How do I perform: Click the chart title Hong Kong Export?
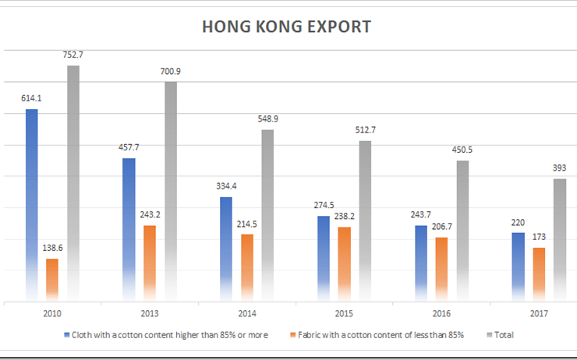point(286,27)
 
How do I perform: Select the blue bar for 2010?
point(32,203)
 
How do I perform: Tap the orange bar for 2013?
point(150,262)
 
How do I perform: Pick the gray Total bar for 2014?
point(267,214)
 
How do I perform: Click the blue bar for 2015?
point(324,257)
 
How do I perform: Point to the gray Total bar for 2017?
point(560,238)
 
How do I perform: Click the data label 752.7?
point(73,55)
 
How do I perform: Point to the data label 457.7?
point(129,146)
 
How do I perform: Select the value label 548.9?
point(267,118)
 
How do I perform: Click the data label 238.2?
point(345,215)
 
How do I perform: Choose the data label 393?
point(560,168)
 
